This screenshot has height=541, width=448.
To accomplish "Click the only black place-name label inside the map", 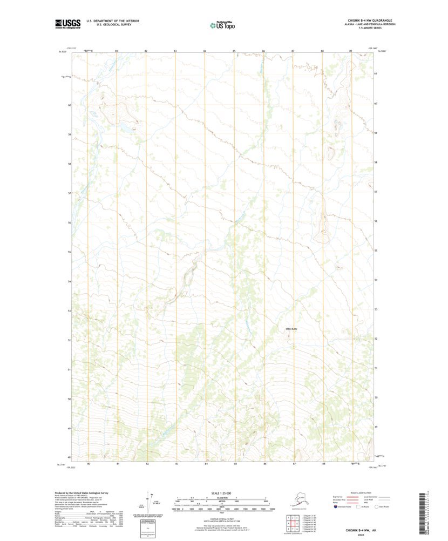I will tap(291, 328).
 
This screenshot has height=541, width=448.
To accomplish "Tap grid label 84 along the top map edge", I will tap(205, 51).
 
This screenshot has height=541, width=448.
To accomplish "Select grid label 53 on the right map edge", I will tap(375, 309).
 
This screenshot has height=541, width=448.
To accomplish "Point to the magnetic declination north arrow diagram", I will tap(152, 505).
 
